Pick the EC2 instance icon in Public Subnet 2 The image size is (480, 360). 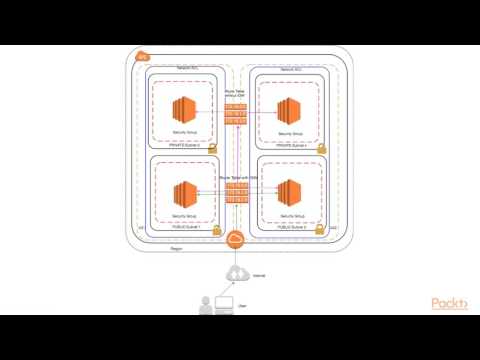(x=289, y=191)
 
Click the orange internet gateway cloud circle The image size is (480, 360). (x=236, y=240)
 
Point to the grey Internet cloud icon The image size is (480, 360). (x=236, y=273)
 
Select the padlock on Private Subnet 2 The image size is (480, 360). (x=213, y=148)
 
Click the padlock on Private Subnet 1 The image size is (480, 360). (x=321, y=148)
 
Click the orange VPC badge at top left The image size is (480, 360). (x=142, y=56)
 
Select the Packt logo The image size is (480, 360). (x=449, y=304)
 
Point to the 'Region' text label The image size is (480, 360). (x=176, y=246)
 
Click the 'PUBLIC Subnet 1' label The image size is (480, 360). (x=185, y=227)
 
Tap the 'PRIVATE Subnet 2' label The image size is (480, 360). (x=185, y=144)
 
